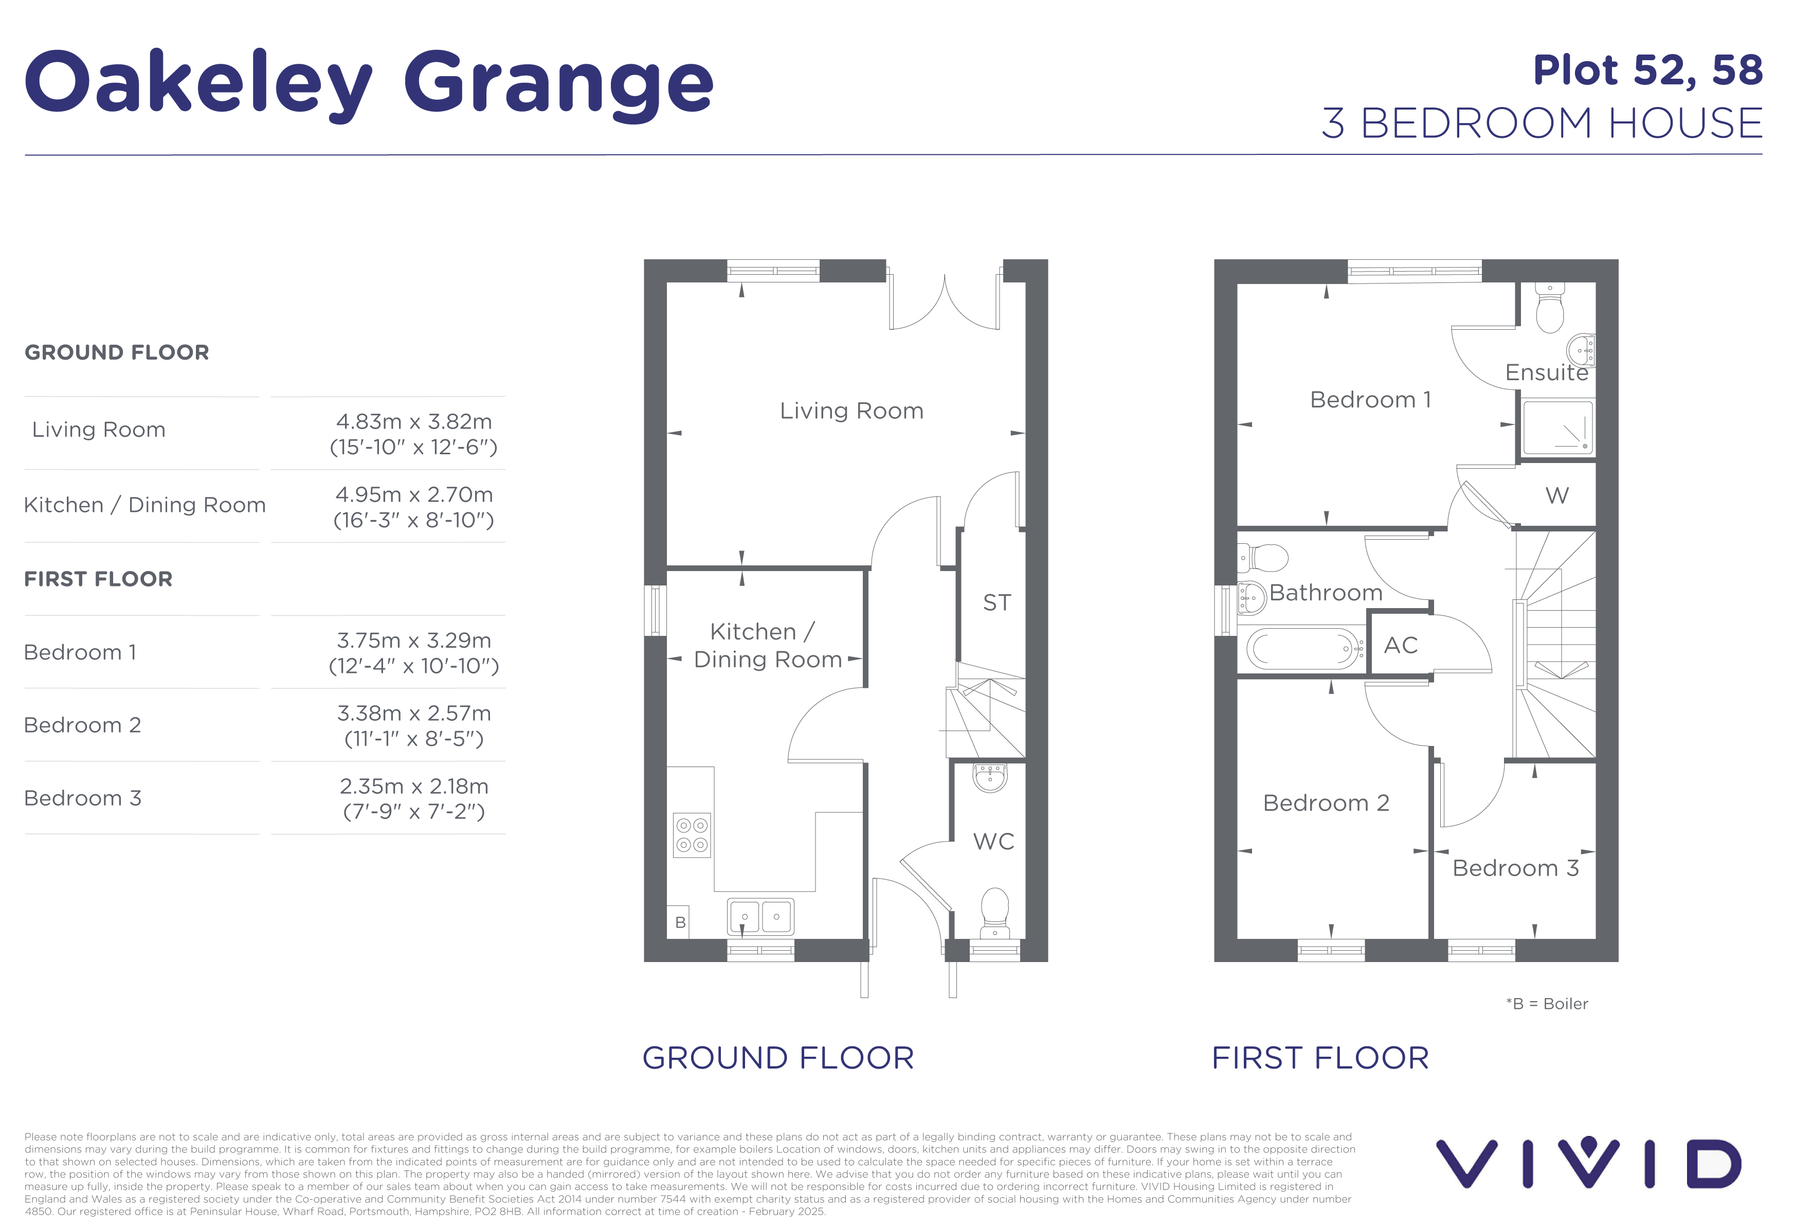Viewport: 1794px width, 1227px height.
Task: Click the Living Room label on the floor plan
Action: (x=851, y=411)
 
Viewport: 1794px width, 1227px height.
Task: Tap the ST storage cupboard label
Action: (x=996, y=602)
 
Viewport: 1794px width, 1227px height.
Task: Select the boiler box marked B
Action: (x=679, y=922)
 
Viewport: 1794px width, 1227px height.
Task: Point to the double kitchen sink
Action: (x=760, y=917)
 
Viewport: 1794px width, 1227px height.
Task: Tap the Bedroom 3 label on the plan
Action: (x=1515, y=868)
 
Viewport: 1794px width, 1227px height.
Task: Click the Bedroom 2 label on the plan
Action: (x=1326, y=803)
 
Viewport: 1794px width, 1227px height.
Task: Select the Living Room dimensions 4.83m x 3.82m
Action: (x=414, y=422)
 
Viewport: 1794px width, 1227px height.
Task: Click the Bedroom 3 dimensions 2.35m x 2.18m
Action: (x=414, y=787)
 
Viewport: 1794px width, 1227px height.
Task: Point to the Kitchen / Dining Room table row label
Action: (x=145, y=505)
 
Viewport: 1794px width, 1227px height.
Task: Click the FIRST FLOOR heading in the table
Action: (x=98, y=579)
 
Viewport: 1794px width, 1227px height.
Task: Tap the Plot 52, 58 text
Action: (x=1647, y=71)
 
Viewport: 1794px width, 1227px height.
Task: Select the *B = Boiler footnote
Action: (x=1547, y=1004)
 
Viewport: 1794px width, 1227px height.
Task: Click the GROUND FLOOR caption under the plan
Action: (x=778, y=1058)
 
